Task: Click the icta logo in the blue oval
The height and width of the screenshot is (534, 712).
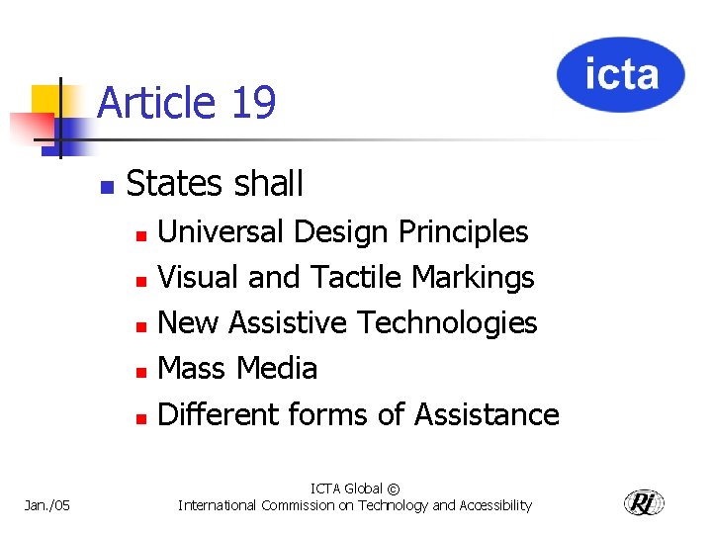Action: click(x=620, y=75)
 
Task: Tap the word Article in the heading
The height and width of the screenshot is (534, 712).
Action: click(x=157, y=103)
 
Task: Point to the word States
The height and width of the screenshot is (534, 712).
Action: click(x=172, y=184)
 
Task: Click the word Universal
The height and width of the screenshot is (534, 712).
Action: click(x=221, y=231)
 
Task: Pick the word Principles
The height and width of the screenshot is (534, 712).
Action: click(x=463, y=231)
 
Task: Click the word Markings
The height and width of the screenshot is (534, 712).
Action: click(x=473, y=278)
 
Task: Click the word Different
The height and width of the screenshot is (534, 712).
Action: click(x=219, y=413)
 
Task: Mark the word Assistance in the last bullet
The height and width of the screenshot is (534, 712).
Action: click(x=487, y=413)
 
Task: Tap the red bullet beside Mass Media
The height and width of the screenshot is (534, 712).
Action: click(x=140, y=371)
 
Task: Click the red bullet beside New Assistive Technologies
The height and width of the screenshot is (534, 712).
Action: click(x=140, y=325)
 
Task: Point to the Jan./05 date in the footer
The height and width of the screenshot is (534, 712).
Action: click(x=47, y=505)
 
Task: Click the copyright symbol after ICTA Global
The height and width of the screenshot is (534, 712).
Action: click(x=394, y=489)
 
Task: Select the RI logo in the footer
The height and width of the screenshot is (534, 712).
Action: click(x=644, y=502)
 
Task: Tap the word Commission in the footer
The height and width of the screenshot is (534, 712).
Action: click(x=295, y=505)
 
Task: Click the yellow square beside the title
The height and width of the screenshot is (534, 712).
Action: click(x=46, y=101)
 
